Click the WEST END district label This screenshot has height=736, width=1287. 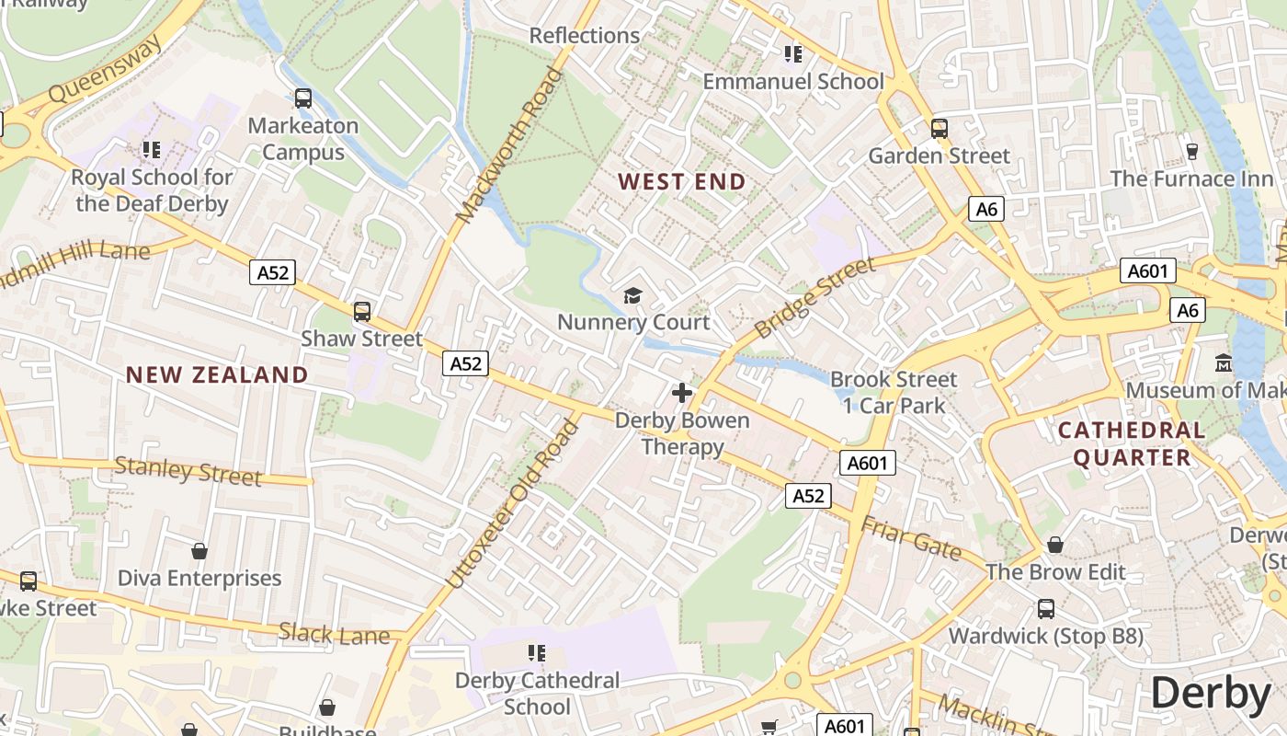(x=681, y=181)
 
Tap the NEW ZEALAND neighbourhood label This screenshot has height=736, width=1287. (x=217, y=374)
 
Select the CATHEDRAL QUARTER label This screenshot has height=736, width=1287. (x=1132, y=443)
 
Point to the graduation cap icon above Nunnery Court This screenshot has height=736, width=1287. (x=632, y=295)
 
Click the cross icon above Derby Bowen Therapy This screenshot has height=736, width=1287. (x=681, y=394)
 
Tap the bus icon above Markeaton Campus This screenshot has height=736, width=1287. (x=302, y=98)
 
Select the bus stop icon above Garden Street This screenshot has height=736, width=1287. (x=939, y=129)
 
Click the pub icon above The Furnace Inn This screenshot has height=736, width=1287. (x=1191, y=151)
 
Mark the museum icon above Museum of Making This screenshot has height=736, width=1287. (x=1223, y=363)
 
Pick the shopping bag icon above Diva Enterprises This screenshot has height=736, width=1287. (x=199, y=551)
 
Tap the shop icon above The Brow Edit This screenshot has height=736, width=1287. (x=1054, y=546)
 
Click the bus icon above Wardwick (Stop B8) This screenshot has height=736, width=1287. (x=1045, y=609)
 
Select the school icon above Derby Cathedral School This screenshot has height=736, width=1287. (x=537, y=653)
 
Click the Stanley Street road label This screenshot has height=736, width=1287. (x=188, y=472)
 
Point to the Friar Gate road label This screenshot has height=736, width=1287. (x=910, y=538)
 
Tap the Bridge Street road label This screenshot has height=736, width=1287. (x=814, y=298)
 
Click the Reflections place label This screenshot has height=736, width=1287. (x=585, y=36)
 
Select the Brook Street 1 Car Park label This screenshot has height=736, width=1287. (x=894, y=392)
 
